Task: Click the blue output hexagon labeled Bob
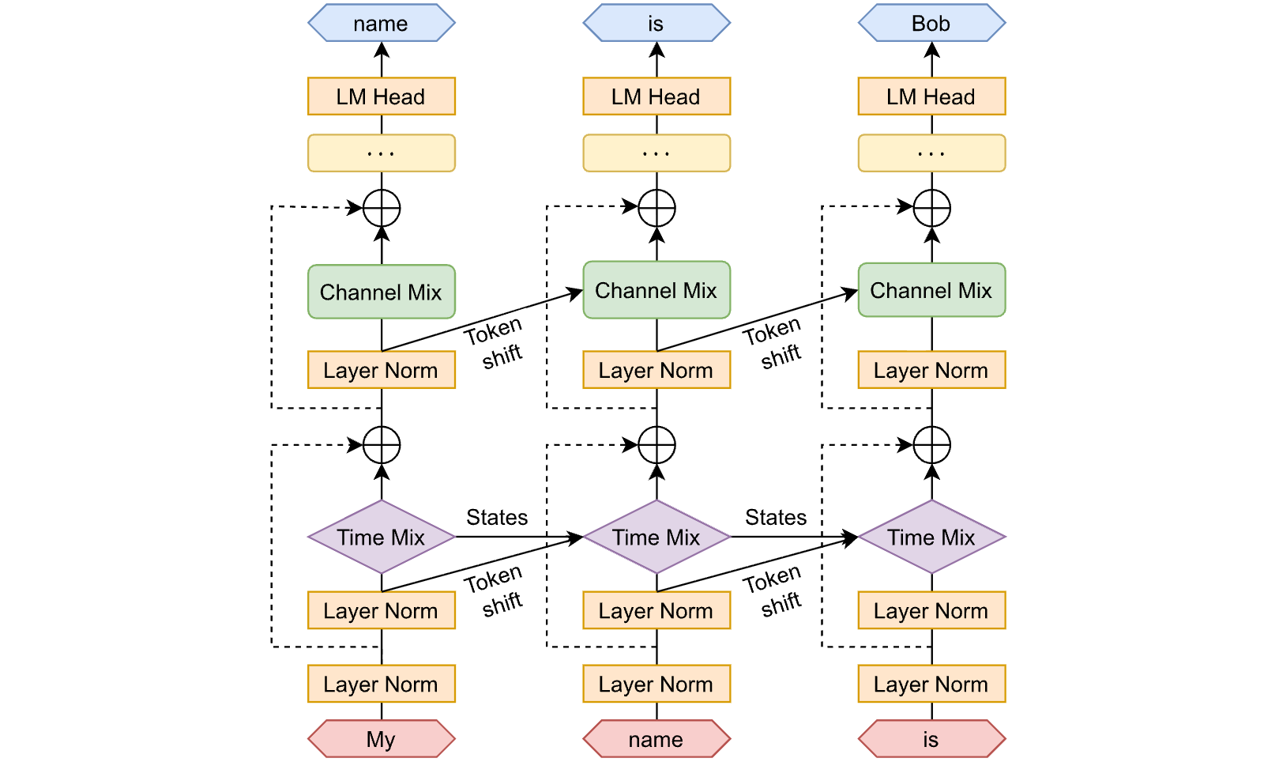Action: [931, 23]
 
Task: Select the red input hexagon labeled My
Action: [382, 739]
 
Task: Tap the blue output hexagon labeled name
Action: [382, 23]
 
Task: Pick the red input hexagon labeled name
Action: [656, 739]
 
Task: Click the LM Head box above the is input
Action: [931, 96]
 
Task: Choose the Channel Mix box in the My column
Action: [382, 292]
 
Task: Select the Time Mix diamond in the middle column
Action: [656, 537]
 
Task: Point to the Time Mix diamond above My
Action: [382, 537]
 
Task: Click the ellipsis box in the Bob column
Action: [931, 153]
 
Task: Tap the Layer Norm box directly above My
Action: [382, 684]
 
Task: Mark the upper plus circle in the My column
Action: [382, 208]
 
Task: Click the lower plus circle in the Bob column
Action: [932, 445]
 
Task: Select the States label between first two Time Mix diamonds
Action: [497, 517]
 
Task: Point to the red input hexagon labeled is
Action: [931, 739]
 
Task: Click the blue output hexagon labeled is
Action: [656, 23]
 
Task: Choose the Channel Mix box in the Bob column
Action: [931, 290]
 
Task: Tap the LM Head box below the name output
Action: [382, 96]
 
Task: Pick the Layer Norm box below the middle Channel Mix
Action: [656, 370]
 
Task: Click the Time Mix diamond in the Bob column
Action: [931, 537]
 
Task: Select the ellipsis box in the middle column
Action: [656, 153]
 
